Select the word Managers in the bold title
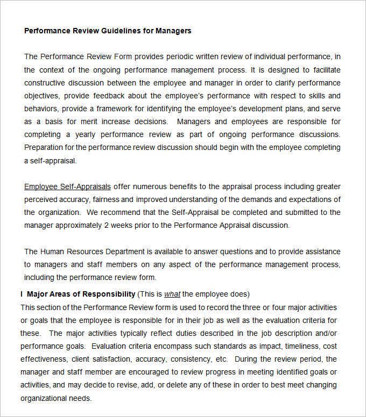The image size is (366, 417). (x=173, y=31)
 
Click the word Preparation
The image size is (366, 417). (x=44, y=147)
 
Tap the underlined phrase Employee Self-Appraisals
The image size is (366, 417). (x=67, y=186)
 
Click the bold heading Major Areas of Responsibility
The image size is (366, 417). (x=81, y=294)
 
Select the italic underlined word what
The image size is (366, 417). (x=172, y=294)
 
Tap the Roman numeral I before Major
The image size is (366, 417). (x=22, y=294)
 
